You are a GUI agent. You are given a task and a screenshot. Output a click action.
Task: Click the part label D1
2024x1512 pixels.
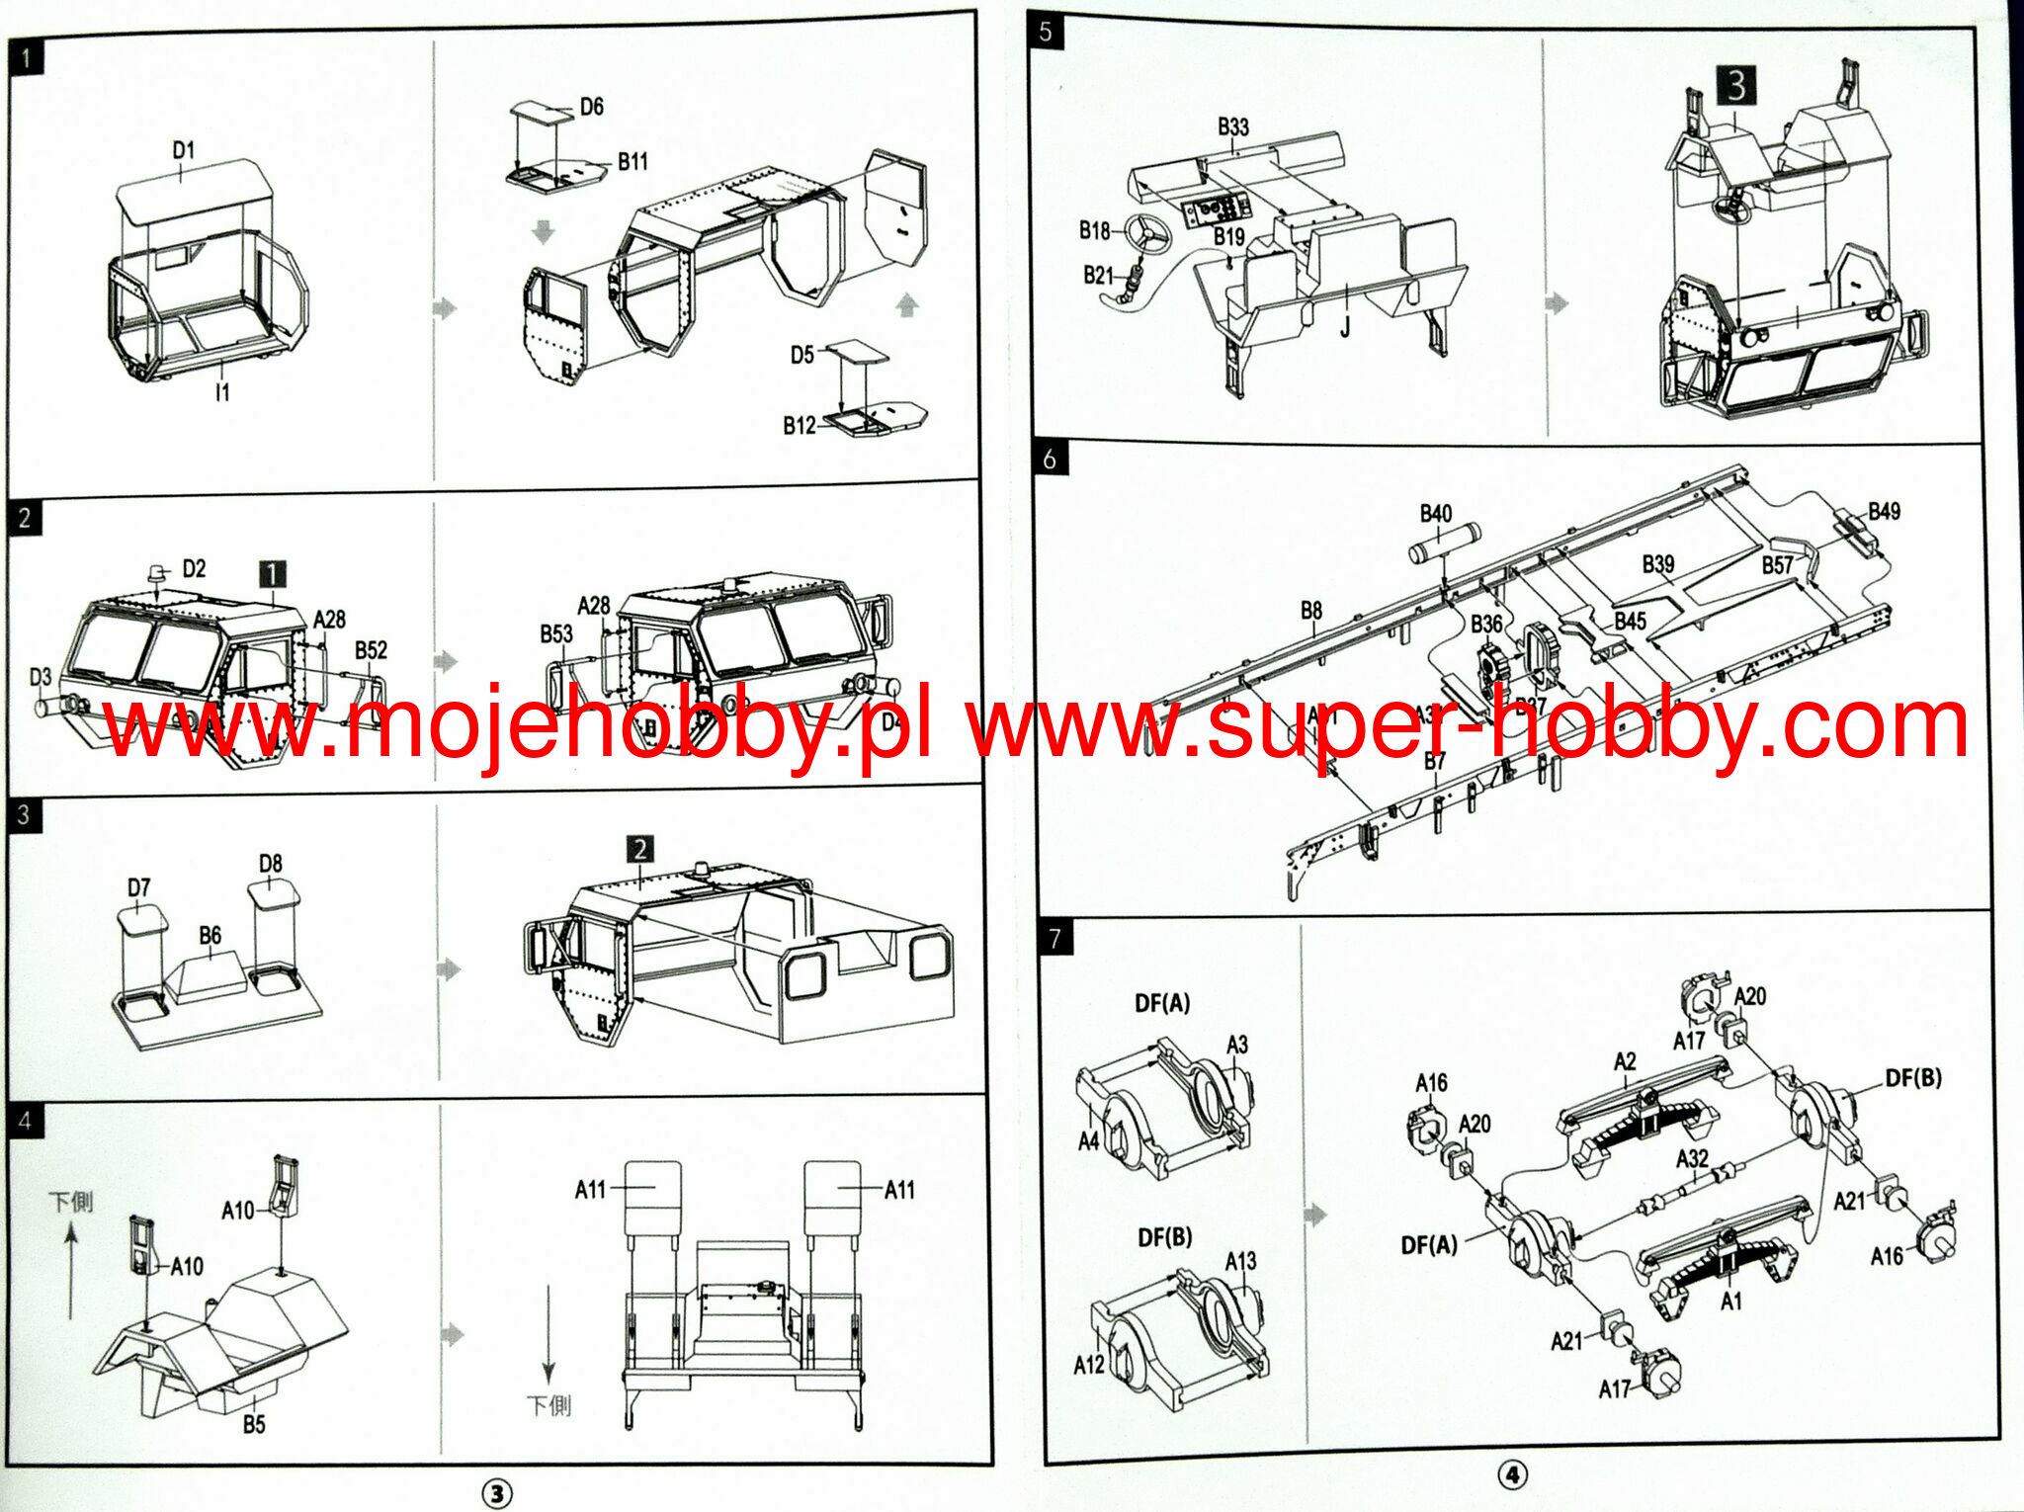[x=184, y=150]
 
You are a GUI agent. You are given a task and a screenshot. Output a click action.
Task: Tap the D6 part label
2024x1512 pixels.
[x=591, y=107]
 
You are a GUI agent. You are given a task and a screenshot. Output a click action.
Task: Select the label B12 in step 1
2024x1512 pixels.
[x=800, y=425]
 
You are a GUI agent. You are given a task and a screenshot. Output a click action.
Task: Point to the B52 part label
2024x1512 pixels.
[x=371, y=650]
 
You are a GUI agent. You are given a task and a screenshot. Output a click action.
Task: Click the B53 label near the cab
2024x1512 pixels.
[x=556, y=633]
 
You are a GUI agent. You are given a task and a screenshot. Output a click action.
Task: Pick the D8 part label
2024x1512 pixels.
[x=270, y=864]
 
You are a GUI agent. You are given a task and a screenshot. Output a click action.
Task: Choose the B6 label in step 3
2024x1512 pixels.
[x=210, y=935]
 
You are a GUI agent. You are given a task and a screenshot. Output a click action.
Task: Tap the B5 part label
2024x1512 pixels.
[x=254, y=1424]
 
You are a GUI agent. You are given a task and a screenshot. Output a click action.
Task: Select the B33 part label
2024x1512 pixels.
[x=1232, y=126]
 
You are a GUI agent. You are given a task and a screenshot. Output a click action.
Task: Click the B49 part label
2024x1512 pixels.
[x=1884, y=511]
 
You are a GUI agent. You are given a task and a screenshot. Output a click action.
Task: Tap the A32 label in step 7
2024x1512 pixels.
[x=1692, y=1158]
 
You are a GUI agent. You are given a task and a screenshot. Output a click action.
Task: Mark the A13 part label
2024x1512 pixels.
[x=1240, y=1261]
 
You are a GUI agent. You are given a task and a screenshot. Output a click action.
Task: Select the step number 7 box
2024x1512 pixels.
[x=1054, y=938]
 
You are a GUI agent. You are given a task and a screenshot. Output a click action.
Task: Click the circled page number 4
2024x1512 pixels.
[x=1511, y=1475]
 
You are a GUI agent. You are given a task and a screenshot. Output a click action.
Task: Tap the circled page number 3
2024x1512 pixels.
[x=497, y=1493]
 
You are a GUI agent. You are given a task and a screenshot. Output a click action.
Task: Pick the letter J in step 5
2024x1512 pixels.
[x=1345, y=327]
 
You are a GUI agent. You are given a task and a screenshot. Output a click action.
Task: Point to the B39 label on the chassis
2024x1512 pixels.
[x=1658, y=563]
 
